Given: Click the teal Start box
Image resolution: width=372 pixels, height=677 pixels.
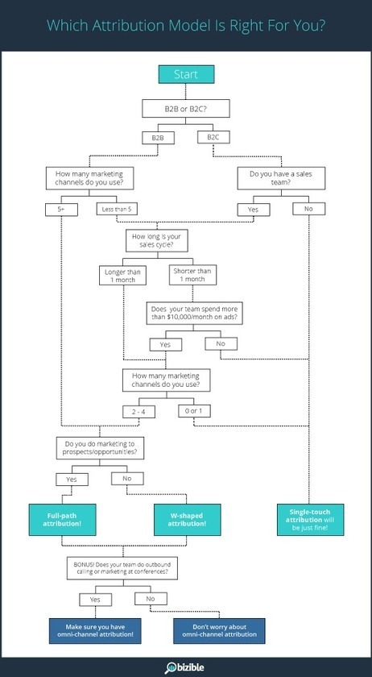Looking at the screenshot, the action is click(x=186, y=74).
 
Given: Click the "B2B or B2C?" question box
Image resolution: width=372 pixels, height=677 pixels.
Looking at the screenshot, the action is click(x=185, y=108).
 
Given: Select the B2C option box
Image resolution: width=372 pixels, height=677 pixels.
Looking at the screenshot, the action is click(x=213, y=137).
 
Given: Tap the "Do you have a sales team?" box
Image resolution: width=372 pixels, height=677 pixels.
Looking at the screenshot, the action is click(x=281, y=178).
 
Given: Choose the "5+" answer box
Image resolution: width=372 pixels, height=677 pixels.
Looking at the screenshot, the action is click(x=61, y=210).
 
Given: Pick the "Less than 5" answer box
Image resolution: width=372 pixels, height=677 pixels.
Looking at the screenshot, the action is click(x=117, y=210).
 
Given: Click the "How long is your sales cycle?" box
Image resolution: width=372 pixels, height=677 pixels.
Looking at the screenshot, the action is click(x=157, y=240).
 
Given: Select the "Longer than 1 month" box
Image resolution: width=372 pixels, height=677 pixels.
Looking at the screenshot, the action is click(x=122, y=276).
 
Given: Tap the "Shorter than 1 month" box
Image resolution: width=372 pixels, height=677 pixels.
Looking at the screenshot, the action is click(x=192, y=275).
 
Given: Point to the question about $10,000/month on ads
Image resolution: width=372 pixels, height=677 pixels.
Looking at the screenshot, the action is click(x=194, y=313).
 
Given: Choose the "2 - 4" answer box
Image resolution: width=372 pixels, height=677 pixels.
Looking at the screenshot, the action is click(x=138, y=412).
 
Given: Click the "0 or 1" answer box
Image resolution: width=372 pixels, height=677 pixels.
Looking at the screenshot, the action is click(x=194, y=411).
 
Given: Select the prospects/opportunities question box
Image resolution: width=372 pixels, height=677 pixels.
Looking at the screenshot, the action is click(x=100, y=448).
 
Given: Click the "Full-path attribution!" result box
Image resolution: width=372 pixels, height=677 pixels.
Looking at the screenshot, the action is click(x=62, y=519).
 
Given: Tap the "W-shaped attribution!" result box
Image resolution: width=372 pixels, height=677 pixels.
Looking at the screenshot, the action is click(x=188, y=519).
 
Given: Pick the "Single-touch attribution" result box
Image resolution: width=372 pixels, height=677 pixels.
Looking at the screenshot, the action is click(x=310, y=519).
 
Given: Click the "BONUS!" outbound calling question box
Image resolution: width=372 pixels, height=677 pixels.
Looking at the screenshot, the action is click(x=122, y=568).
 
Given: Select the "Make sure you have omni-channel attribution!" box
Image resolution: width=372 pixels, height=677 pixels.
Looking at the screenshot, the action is click(x=95, y=631).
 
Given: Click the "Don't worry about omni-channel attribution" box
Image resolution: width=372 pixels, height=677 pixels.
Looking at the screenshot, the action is click(x=219, y=631).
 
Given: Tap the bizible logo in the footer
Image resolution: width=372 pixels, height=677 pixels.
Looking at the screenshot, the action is click(x=184, y=667).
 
